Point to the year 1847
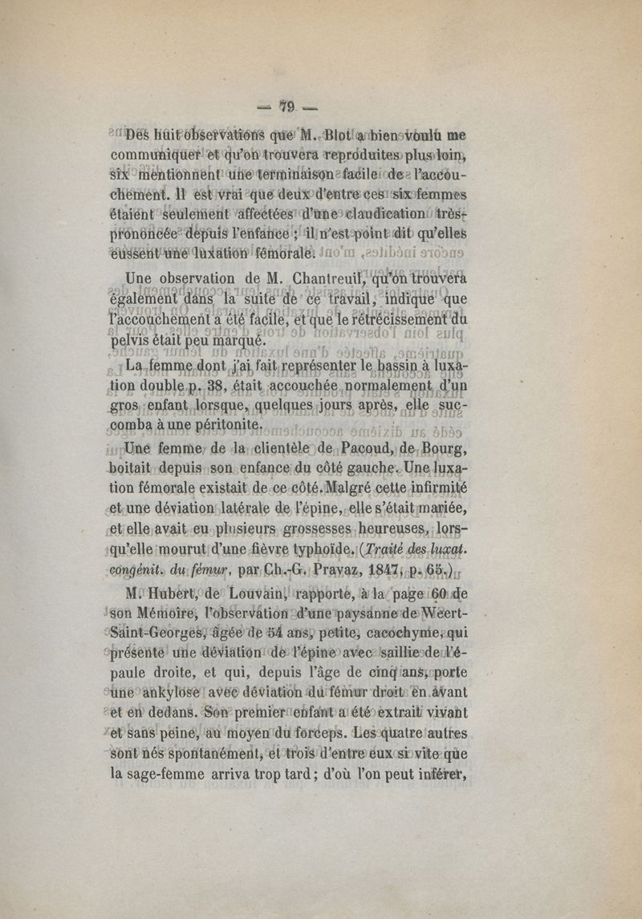point(368,570)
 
